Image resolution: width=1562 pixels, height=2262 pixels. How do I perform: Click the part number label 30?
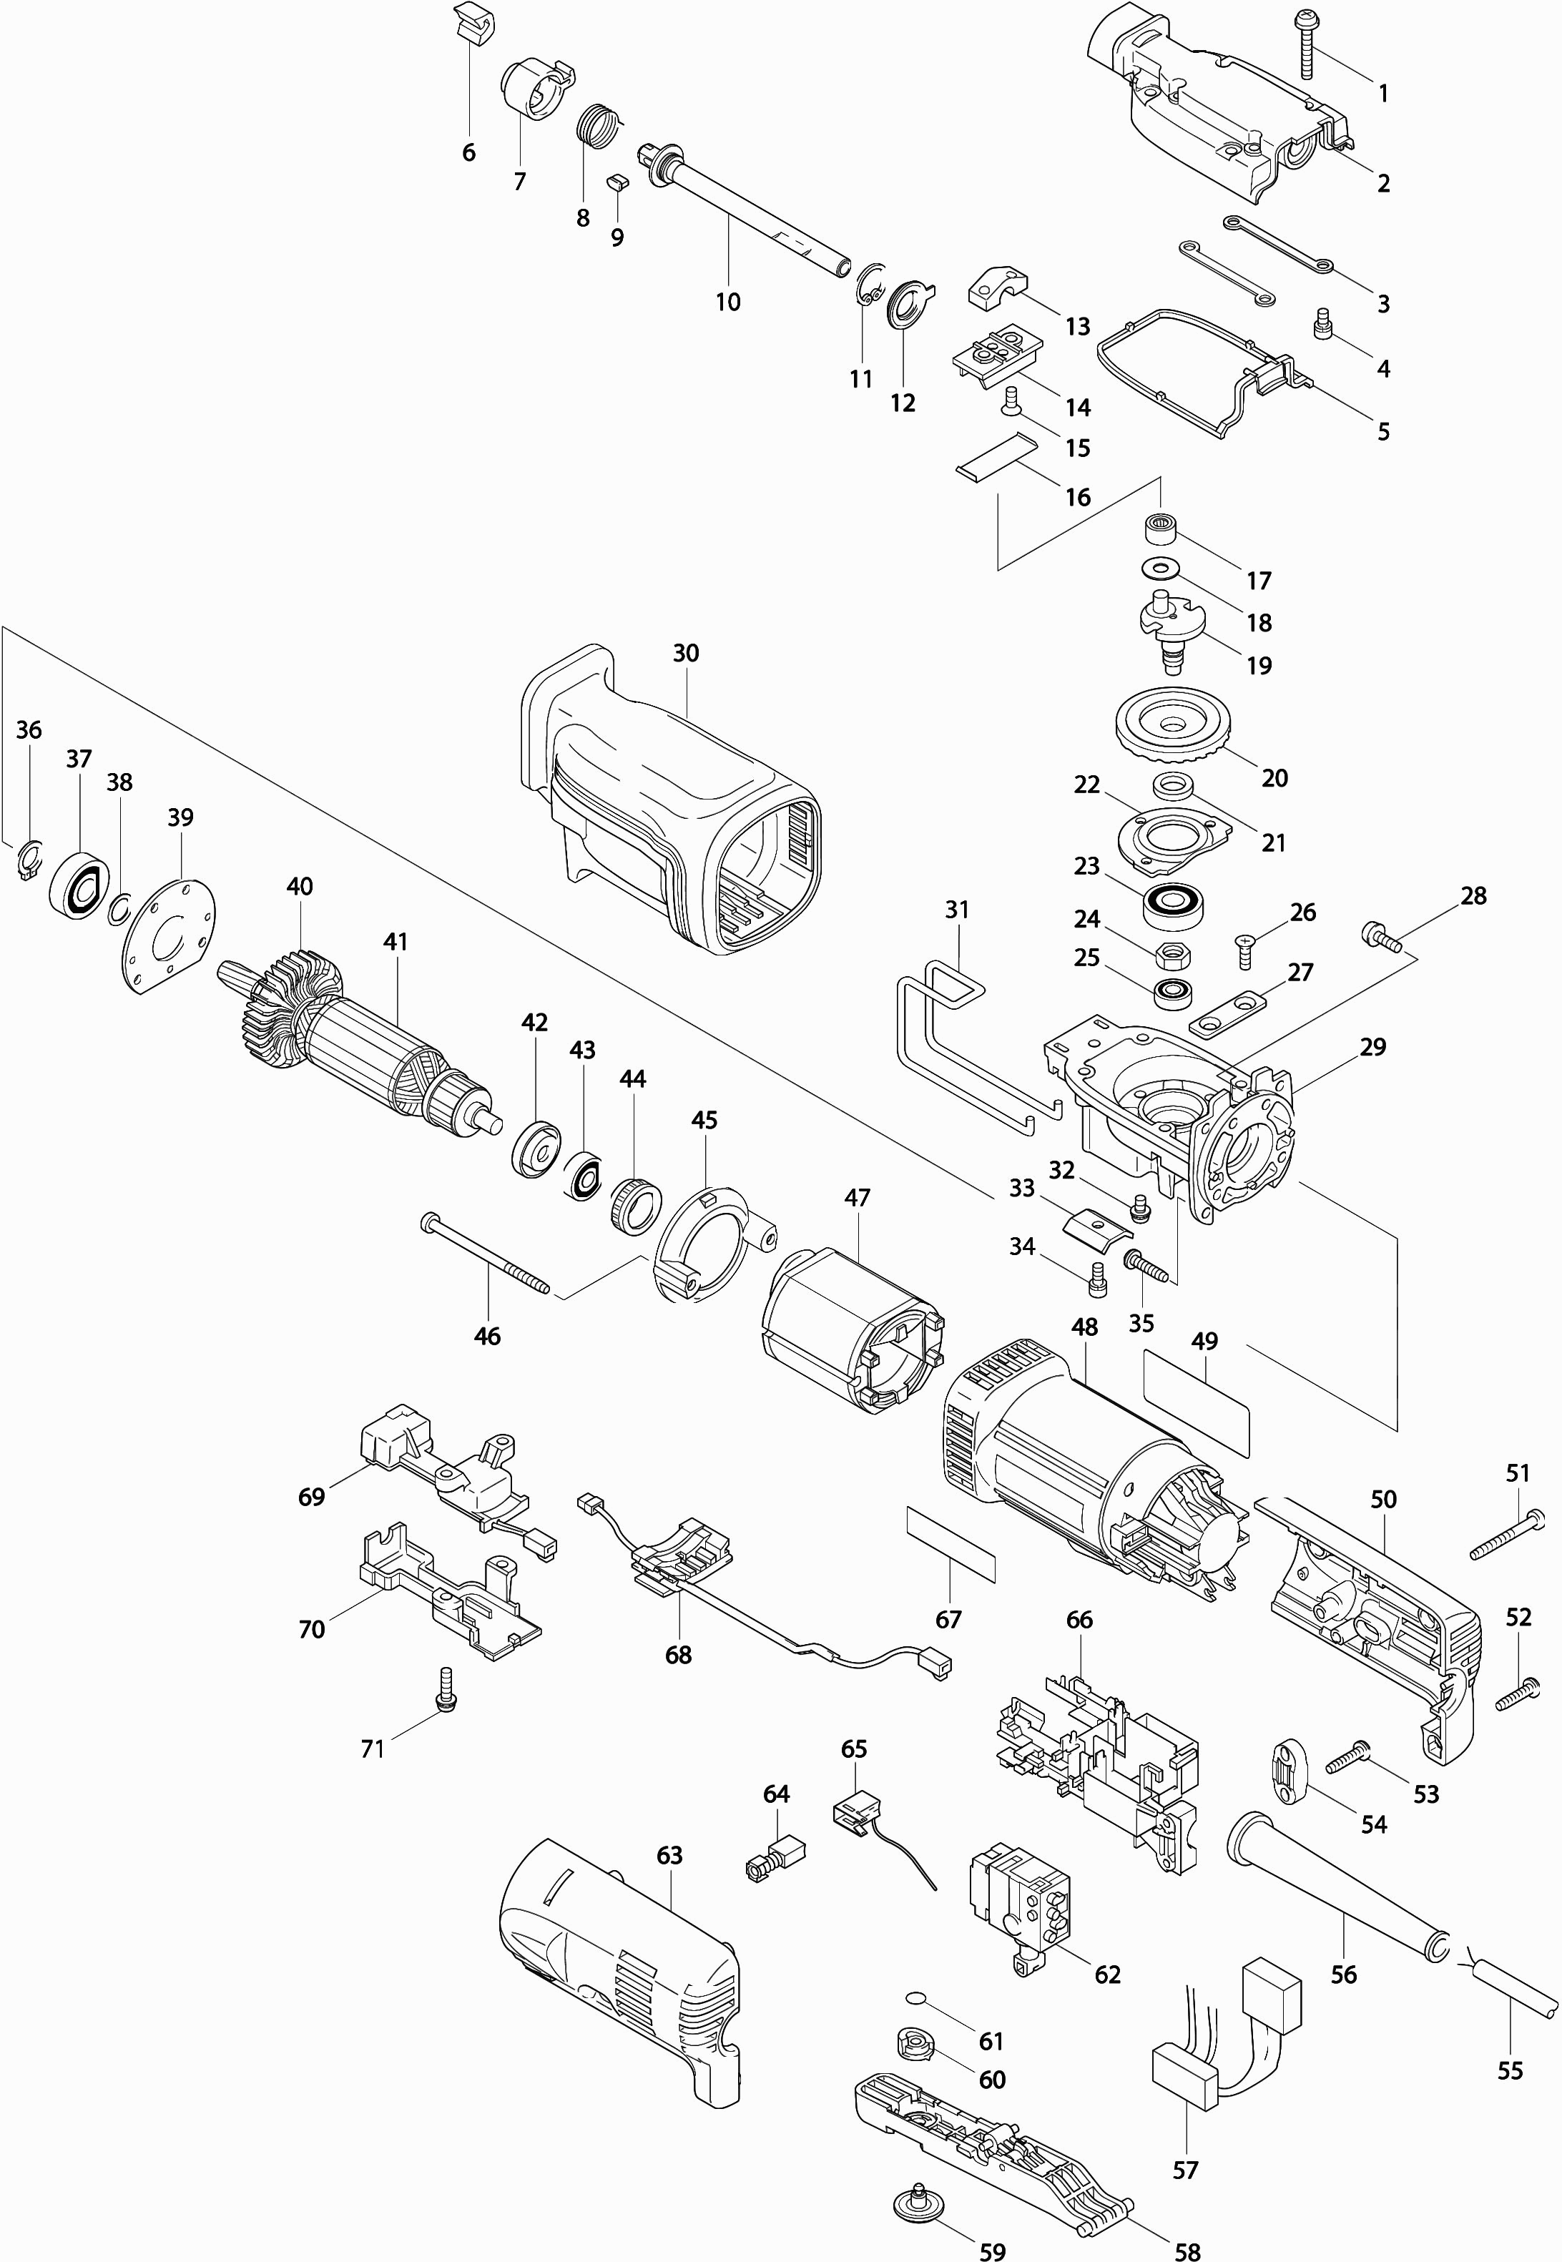pos(686,653)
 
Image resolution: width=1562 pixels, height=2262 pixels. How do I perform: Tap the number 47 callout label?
pos(858,1198)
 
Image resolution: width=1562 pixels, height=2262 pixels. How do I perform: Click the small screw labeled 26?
pos(1246,948)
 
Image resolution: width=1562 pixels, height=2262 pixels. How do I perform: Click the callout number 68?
pos(678,1654)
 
